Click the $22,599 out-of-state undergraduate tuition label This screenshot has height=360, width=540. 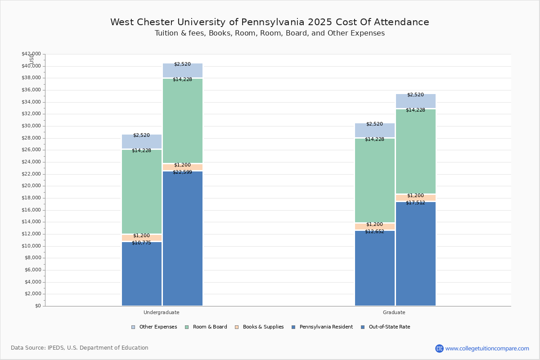coord(182,172)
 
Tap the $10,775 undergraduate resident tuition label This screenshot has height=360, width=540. coord(141,243)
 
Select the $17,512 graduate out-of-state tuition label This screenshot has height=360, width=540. coord(415,202)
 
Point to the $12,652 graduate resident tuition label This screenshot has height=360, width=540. coord(374,231)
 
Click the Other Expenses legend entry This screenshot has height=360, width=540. coord(157,327)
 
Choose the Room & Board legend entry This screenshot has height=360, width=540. coord(210,327)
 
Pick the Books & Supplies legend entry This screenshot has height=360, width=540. coord(263,327)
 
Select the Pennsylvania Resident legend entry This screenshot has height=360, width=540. coord(326,327)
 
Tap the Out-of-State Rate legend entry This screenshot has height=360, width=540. coord(389,327)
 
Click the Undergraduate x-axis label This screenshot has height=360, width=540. coord(162,312)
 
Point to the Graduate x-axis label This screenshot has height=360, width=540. coord(394,312)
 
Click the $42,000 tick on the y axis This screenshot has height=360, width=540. coord(31,54)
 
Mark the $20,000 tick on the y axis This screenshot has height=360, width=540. coord(31,186)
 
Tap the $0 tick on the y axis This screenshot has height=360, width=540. coord(37,306)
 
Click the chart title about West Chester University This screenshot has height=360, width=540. coord(270,22)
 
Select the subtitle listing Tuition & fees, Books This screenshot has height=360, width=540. coord(270,33)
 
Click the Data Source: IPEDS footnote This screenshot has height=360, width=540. coord(80,348)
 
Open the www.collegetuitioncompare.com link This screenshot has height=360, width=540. coord(487,348)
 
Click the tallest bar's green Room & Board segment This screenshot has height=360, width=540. coord(183,121)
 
